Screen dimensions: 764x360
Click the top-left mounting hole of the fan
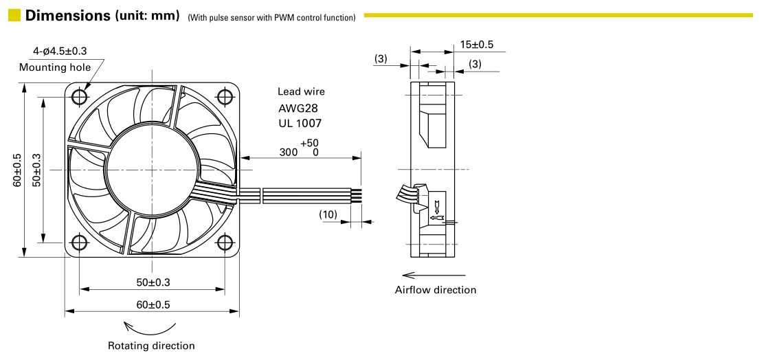pyautogui.click(x=80, y=96)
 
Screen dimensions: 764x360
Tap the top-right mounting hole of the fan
pyautogui.click(x=225, y=96)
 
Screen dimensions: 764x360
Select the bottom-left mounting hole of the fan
pyautogui.click(x=80, y=242)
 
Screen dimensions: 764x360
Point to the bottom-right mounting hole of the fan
pyautogui.click(x=225, y=242)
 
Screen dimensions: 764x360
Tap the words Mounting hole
pyautogui.click(x=55, y=67)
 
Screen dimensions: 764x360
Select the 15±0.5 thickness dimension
pyautogui.click(x=477, y=45)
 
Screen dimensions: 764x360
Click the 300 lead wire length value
pyautogui.click(x=289, y=152)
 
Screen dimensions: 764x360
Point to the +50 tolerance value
pyautogui.click(x=309, y=143)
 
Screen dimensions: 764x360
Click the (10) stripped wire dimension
pyautogui.click(x=328, y=214)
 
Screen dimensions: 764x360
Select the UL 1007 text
pyautogui.click(x=300, y=123)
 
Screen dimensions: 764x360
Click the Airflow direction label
pyautogui.click(x=436, y=290)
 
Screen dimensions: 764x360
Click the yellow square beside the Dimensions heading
pyautogui.click(x=14, y=15)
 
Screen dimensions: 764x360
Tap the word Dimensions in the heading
pyautogui.click(x=68, y=16)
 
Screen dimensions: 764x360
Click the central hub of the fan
pyautogui.click(x=152, y=170)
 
